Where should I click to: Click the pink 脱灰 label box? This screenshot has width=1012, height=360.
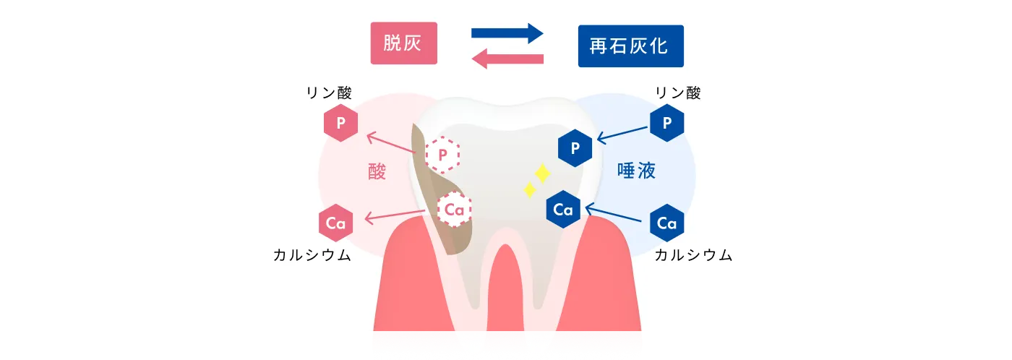pyautogui.click(x=403, y=43)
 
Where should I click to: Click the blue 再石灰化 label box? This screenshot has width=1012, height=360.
pyautogui.click(x=630, y=46)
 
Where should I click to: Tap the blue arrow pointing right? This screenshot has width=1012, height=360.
pyautogui.click(x=507, y=33)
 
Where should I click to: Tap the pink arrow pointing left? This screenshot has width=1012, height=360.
pyautogui.click(x=507, y=59)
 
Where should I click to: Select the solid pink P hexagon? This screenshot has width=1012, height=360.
pyautogui.click(x=340, y=124)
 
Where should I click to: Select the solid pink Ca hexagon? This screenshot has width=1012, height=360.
pyautogui.click(x=335, y=223)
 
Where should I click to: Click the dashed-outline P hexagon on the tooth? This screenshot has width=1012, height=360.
pyautogui.click(x=442, y=153)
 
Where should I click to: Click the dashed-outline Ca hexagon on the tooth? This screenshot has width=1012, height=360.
pyautogui.click(x=455, y=210)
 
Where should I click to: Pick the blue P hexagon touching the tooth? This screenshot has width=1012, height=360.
pyautogui.click(x=575, y=149)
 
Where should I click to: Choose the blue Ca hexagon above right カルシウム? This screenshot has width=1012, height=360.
pyautogui.click(x=666, y=223)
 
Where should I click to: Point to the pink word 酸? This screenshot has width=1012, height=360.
pyautogui.click(x=377, y=171)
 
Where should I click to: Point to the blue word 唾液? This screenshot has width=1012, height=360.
pyautogui.click(x=635, y=171)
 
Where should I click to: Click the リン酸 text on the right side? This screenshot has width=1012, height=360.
pyautogui.click(x=677, y=93)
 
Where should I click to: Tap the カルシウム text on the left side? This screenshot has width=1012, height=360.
pyautogui.click(x=312, y=255)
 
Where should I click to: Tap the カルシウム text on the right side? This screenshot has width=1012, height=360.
pyautogui.click(x=693, y=255)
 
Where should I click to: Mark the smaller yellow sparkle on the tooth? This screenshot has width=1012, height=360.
pyautogui.click(x=529, y=190)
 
